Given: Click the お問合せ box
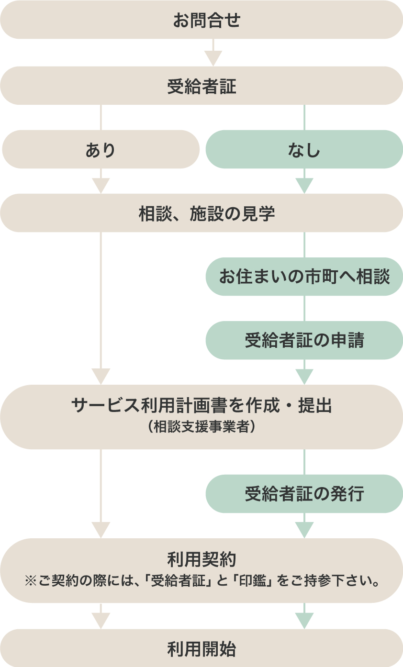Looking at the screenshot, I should (x=201, y=20).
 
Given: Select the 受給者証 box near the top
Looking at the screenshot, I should (x=201, y=86).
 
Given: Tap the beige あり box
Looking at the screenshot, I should (x=101, y=150).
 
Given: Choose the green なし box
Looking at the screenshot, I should (x=304, y=150).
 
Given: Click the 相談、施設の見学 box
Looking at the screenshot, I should (x=201, y=213).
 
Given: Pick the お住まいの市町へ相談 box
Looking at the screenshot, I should (x=304, y=277).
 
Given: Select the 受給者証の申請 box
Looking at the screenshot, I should (x=304, y=340).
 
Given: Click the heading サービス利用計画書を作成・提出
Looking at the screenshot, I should (x=201, y=406).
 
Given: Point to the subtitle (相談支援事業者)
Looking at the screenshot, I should (x=201, y=427).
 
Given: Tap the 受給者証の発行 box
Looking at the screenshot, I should (x=304, y=494).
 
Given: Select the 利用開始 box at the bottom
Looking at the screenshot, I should (x=201, y=649).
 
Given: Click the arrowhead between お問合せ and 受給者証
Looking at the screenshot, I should (x=213, y=58).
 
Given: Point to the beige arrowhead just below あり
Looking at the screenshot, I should (x=101, y=186).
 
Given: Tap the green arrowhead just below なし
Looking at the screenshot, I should (x=304, y=186).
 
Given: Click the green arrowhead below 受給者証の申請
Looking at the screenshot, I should (x=304, y=377).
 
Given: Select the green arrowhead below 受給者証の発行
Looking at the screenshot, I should (x=304, y=530).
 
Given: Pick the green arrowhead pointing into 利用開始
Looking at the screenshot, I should (x=304, y=621).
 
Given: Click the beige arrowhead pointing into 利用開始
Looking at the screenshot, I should (x=101, y=621).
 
